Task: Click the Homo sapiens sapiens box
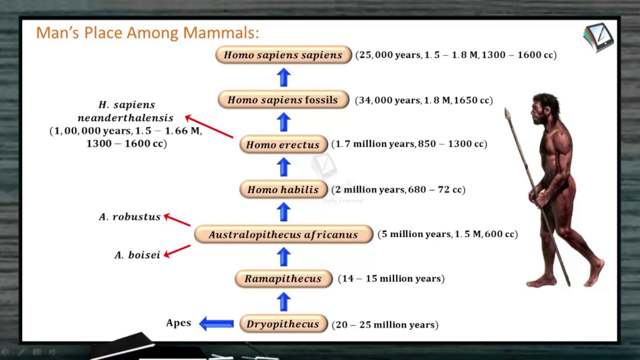pyautogui.click(x=283, y=54)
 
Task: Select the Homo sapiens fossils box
pyautogui.click(x=283, y=99)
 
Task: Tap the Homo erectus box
pyautogui.click(x=283, y=144)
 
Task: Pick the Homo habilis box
pyautogui.click(x=283, y=189)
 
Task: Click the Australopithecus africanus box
pyautogui.click(x=283, y=234)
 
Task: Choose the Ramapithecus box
pyautogui.click(x=283, y=278)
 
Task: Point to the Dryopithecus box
pyautogui.click(x=283, y=323)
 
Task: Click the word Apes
pyautogui.click(x=178, y=323)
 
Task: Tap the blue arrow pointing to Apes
pyautogui.click(x=216, y=323)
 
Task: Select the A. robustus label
pyautogui.click(x=129, y=217)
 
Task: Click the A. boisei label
pyautogui.click(x=137, y=255)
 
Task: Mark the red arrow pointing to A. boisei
pyautogui.click(x=177, y=251)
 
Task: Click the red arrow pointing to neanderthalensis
pyautogui.click(x=209, y=126)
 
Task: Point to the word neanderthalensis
pyautogui.click(x=125, y=117)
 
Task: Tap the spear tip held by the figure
pyautogui.click(x=507, y=114)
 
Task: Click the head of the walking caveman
pyautogui.click(x=544, y=108)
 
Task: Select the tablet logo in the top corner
pyautogui.click(x=598, y=37)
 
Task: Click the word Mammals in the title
pyautogui.click(x=221, y=32)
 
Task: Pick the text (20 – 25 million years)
pyautogui.click(x=385, y=324)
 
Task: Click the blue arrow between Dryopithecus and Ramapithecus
pyautogui.click(x=283, y=301)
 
